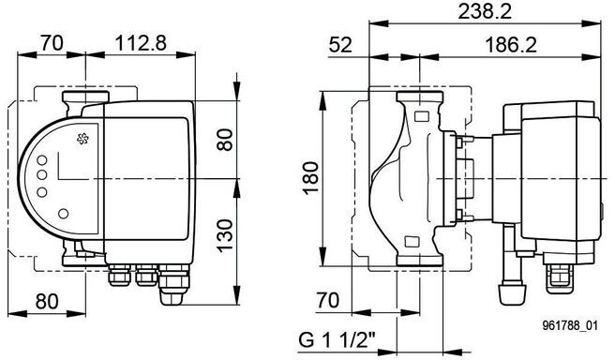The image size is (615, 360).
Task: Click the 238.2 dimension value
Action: pos(485,12)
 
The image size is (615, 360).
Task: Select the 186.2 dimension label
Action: pos(510,45)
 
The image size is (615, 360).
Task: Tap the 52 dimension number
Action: pos(340,45)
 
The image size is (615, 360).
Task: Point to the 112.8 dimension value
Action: pos(141,43)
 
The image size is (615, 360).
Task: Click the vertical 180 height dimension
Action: pos(311,178)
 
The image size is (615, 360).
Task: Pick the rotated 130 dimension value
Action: pos(225,235)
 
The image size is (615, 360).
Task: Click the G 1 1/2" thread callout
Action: pos(337,339)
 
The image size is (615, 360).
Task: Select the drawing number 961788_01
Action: pos(570,325)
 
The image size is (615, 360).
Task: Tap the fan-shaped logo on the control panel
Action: pos(82,139)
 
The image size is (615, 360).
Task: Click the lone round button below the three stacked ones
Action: pos(63,214)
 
